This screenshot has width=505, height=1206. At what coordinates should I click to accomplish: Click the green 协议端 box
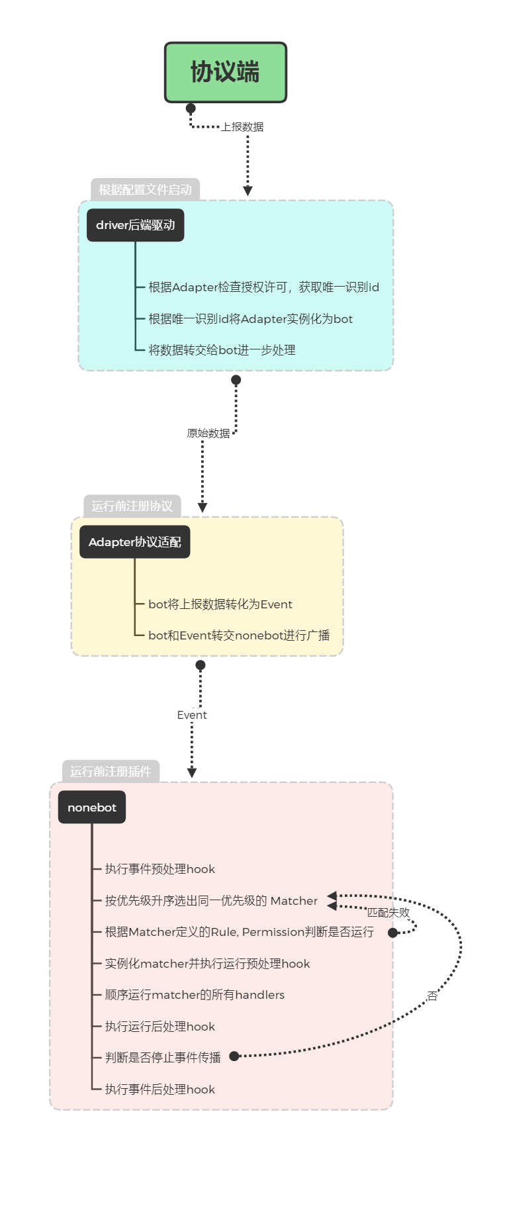[225, 73]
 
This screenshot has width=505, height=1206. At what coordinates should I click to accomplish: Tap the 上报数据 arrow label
[242, 126]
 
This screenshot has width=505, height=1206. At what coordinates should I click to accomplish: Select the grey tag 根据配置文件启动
[145, 190]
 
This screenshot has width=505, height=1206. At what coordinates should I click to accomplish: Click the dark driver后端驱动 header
[135, 225]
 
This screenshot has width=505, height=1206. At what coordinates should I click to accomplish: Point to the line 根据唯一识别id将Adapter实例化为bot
[250, 319]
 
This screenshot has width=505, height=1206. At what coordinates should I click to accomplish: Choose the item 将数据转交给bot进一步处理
[222, 350]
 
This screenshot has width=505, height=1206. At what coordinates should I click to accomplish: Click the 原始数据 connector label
[208, 433]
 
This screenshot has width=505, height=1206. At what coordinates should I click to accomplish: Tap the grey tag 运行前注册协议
[132, 506]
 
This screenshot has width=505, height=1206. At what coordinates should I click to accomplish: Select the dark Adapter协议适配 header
[134, 542]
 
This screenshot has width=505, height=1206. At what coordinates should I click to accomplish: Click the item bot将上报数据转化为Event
[220, 604]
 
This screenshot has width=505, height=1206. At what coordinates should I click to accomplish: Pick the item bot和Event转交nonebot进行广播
[238, 635]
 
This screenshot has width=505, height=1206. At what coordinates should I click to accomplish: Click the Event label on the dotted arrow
[192, 715]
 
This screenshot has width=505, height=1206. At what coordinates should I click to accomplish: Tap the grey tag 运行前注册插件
[111, 772]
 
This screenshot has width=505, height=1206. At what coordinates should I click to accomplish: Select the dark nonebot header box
[91, 808]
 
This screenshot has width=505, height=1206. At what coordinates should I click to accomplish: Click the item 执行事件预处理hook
[160, 869]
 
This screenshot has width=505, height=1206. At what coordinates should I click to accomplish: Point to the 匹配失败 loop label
[389, 913]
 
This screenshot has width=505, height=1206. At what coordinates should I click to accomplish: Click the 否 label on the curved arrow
[432, 996]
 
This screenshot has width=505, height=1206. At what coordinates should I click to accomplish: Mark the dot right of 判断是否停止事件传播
[234, 1056]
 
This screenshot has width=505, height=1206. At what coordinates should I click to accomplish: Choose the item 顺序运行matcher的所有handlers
[195, 995]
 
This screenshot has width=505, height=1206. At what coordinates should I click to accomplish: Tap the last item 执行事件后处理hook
[160, 1090]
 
